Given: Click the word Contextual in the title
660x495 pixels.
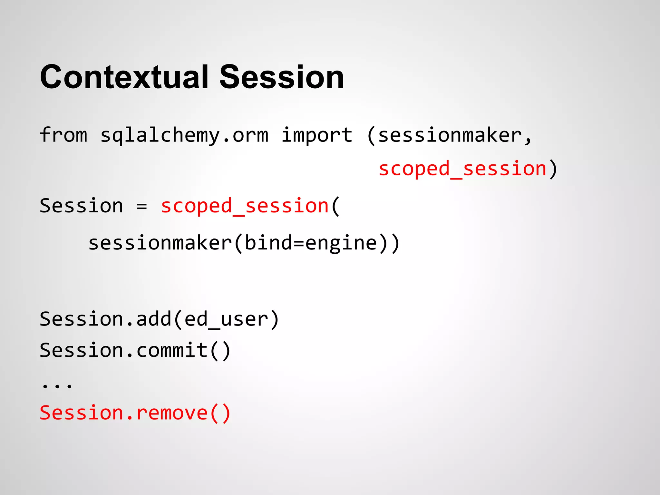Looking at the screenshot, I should (x=124, y=77).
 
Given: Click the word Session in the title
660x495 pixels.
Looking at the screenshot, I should (x=282, y=77).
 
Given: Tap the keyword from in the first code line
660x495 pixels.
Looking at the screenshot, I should (x=63, y=135).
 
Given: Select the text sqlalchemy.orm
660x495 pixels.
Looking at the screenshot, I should (x=184, y=135).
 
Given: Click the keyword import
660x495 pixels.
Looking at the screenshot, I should (x=317, y=135).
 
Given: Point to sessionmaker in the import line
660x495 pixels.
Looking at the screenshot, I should (x=450, y=135).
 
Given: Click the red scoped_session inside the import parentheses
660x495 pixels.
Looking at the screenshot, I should (x=462, y=169).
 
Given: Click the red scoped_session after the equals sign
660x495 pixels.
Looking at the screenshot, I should (x=245, y=206).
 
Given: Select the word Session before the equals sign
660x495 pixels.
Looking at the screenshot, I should (x=81, y=206).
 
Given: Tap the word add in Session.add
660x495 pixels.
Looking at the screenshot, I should (x=154, y=319).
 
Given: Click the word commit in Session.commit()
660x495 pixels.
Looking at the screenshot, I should (x=172, y=350).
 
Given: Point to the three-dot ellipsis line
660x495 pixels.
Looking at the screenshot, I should (x=57, y=385).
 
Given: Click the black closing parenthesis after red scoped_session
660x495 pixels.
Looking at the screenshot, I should (x=553, y=169).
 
